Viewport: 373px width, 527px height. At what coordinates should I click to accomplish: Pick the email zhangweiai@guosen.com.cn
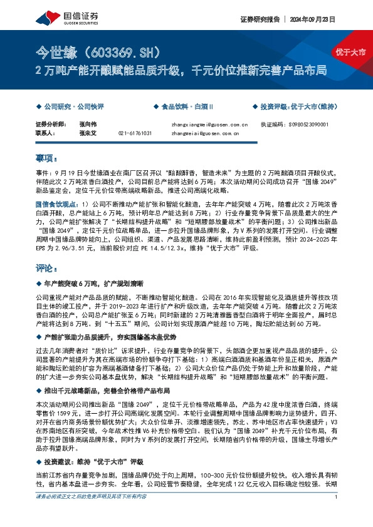pos(205,133)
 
